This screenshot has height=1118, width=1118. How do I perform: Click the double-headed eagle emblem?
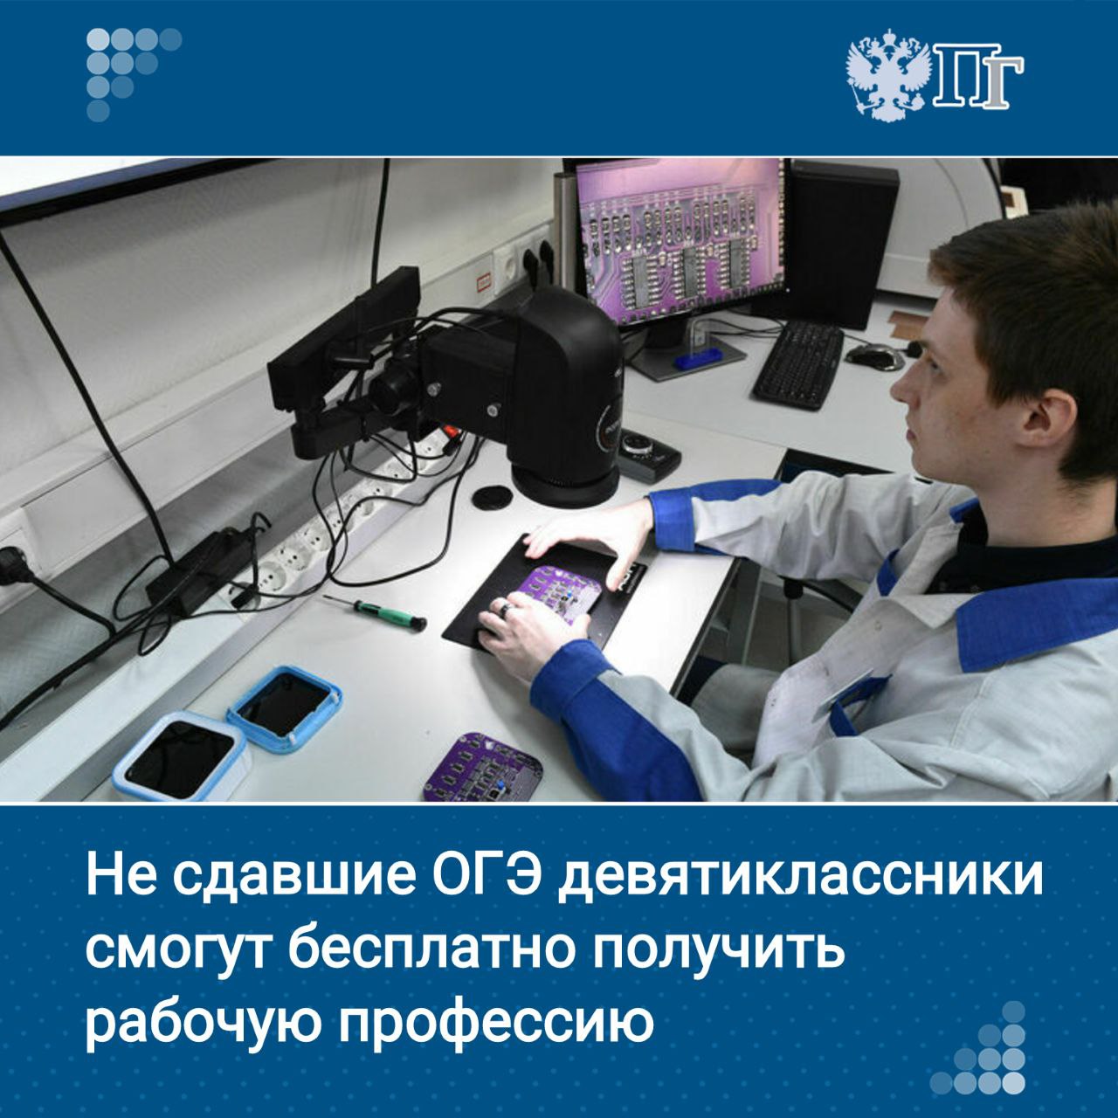tap(885, 74)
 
